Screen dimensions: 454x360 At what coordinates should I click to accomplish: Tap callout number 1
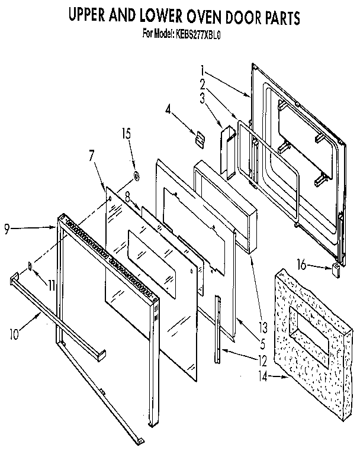click(x=202, y=68)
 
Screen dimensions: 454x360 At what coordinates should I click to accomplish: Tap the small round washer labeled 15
click(x=136, y=175)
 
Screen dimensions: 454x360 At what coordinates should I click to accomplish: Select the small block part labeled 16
click(x=336, y=271)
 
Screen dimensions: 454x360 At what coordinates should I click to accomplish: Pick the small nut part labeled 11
click(x=28, y=266)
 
